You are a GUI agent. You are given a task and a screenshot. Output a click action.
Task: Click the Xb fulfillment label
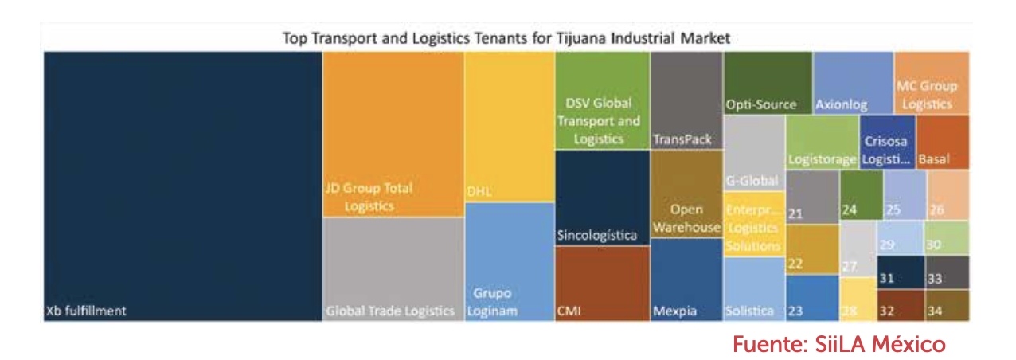coord(86,311)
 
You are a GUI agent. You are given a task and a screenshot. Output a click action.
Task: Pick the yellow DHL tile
coord(510,127)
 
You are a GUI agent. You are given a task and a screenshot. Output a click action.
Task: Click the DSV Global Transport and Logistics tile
coord(601,100)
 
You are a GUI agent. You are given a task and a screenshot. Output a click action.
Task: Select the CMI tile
coord(601,283)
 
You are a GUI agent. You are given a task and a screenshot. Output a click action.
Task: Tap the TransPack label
coord(682,139)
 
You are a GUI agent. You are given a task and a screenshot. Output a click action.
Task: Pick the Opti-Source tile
coord(768,84)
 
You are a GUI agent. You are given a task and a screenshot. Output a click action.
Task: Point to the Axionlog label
coord(841,104)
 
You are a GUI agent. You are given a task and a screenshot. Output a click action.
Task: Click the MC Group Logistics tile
coord(931,84)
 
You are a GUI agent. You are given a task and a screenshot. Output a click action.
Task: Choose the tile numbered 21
coord(811,198)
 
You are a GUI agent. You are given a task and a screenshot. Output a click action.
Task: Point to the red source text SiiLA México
coord(838,345)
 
